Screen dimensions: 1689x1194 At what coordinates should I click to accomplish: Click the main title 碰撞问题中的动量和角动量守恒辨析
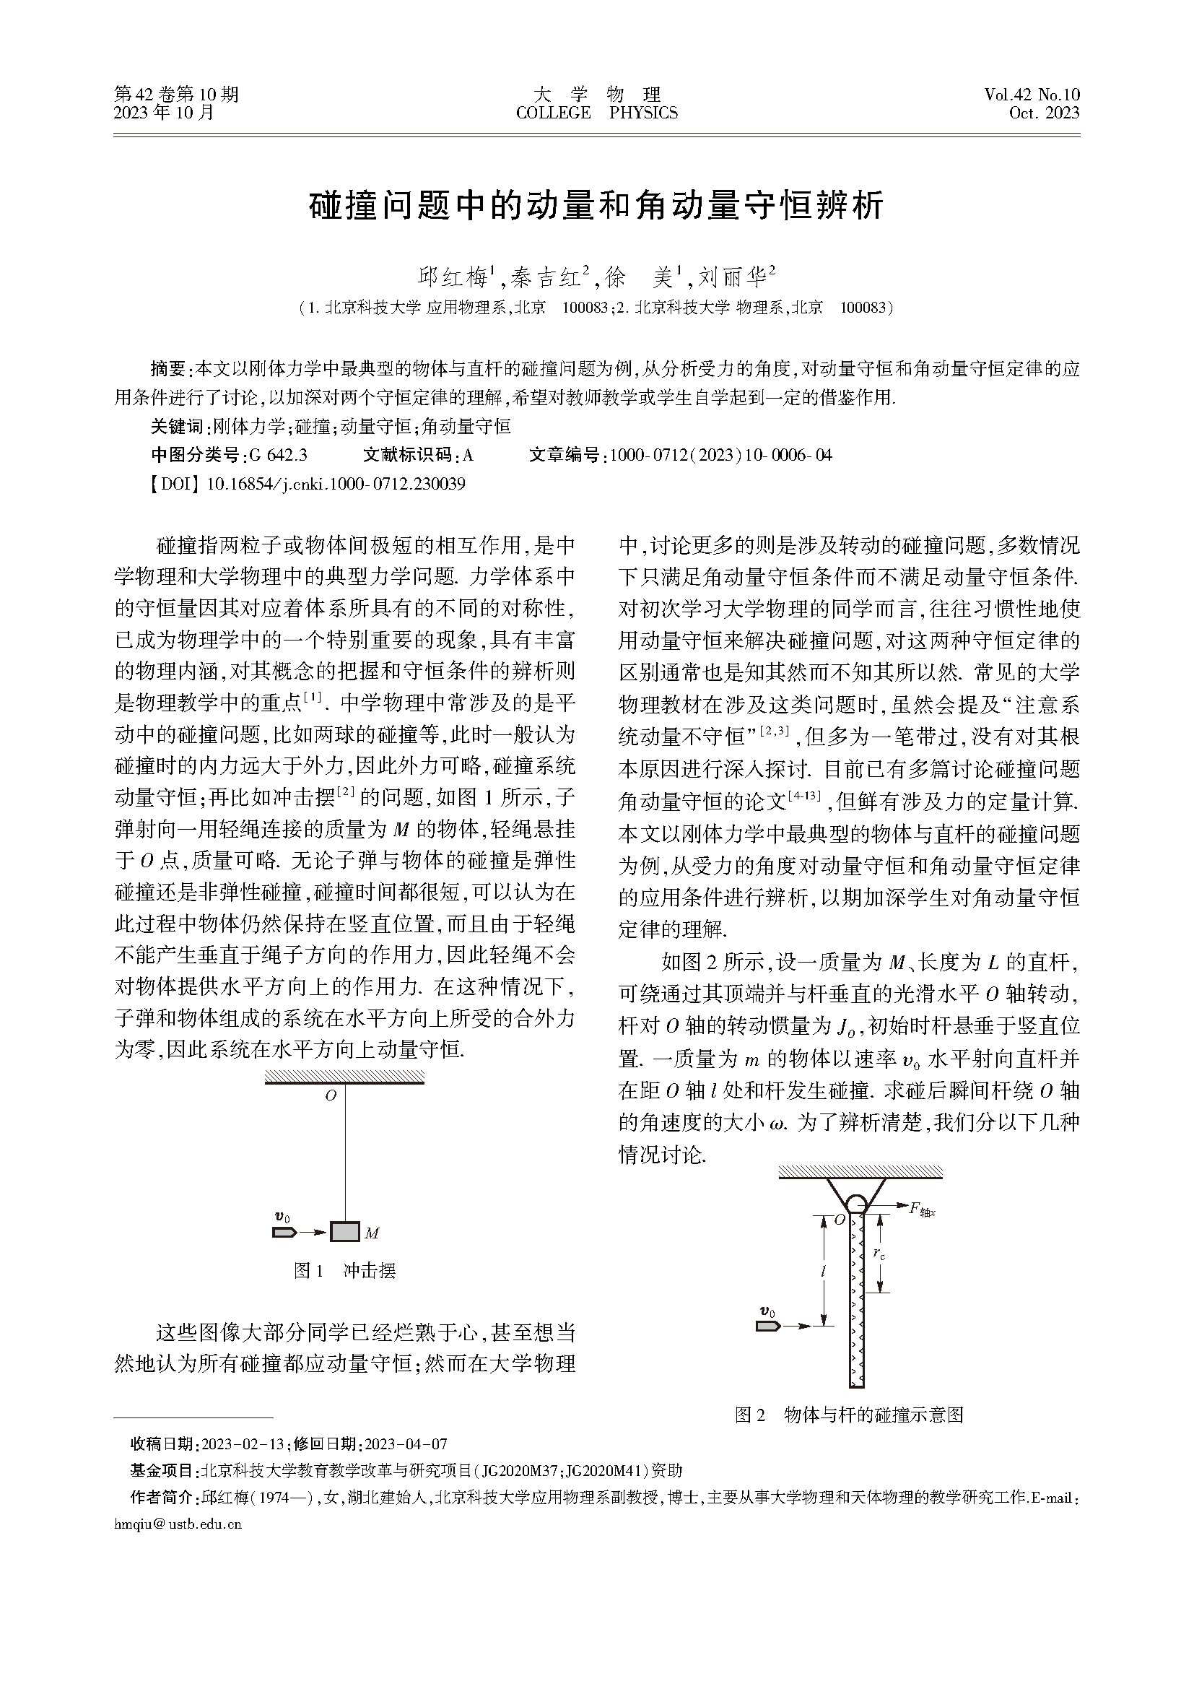point(596,207)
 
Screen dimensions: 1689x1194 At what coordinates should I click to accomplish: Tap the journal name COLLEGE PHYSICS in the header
point(596,113)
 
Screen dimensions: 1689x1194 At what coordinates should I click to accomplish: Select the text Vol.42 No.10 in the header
point(1032,95)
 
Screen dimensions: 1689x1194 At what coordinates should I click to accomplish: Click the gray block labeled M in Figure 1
point(344,1231)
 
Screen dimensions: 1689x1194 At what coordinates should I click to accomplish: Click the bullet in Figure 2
point(767,1326)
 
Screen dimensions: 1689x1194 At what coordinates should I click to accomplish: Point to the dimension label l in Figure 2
point(824,1271)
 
